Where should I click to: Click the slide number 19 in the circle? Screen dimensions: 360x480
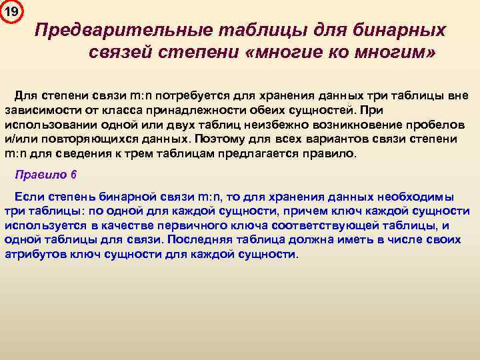pos(12,11)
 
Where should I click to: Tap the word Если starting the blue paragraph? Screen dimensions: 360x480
pos(28,197)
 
